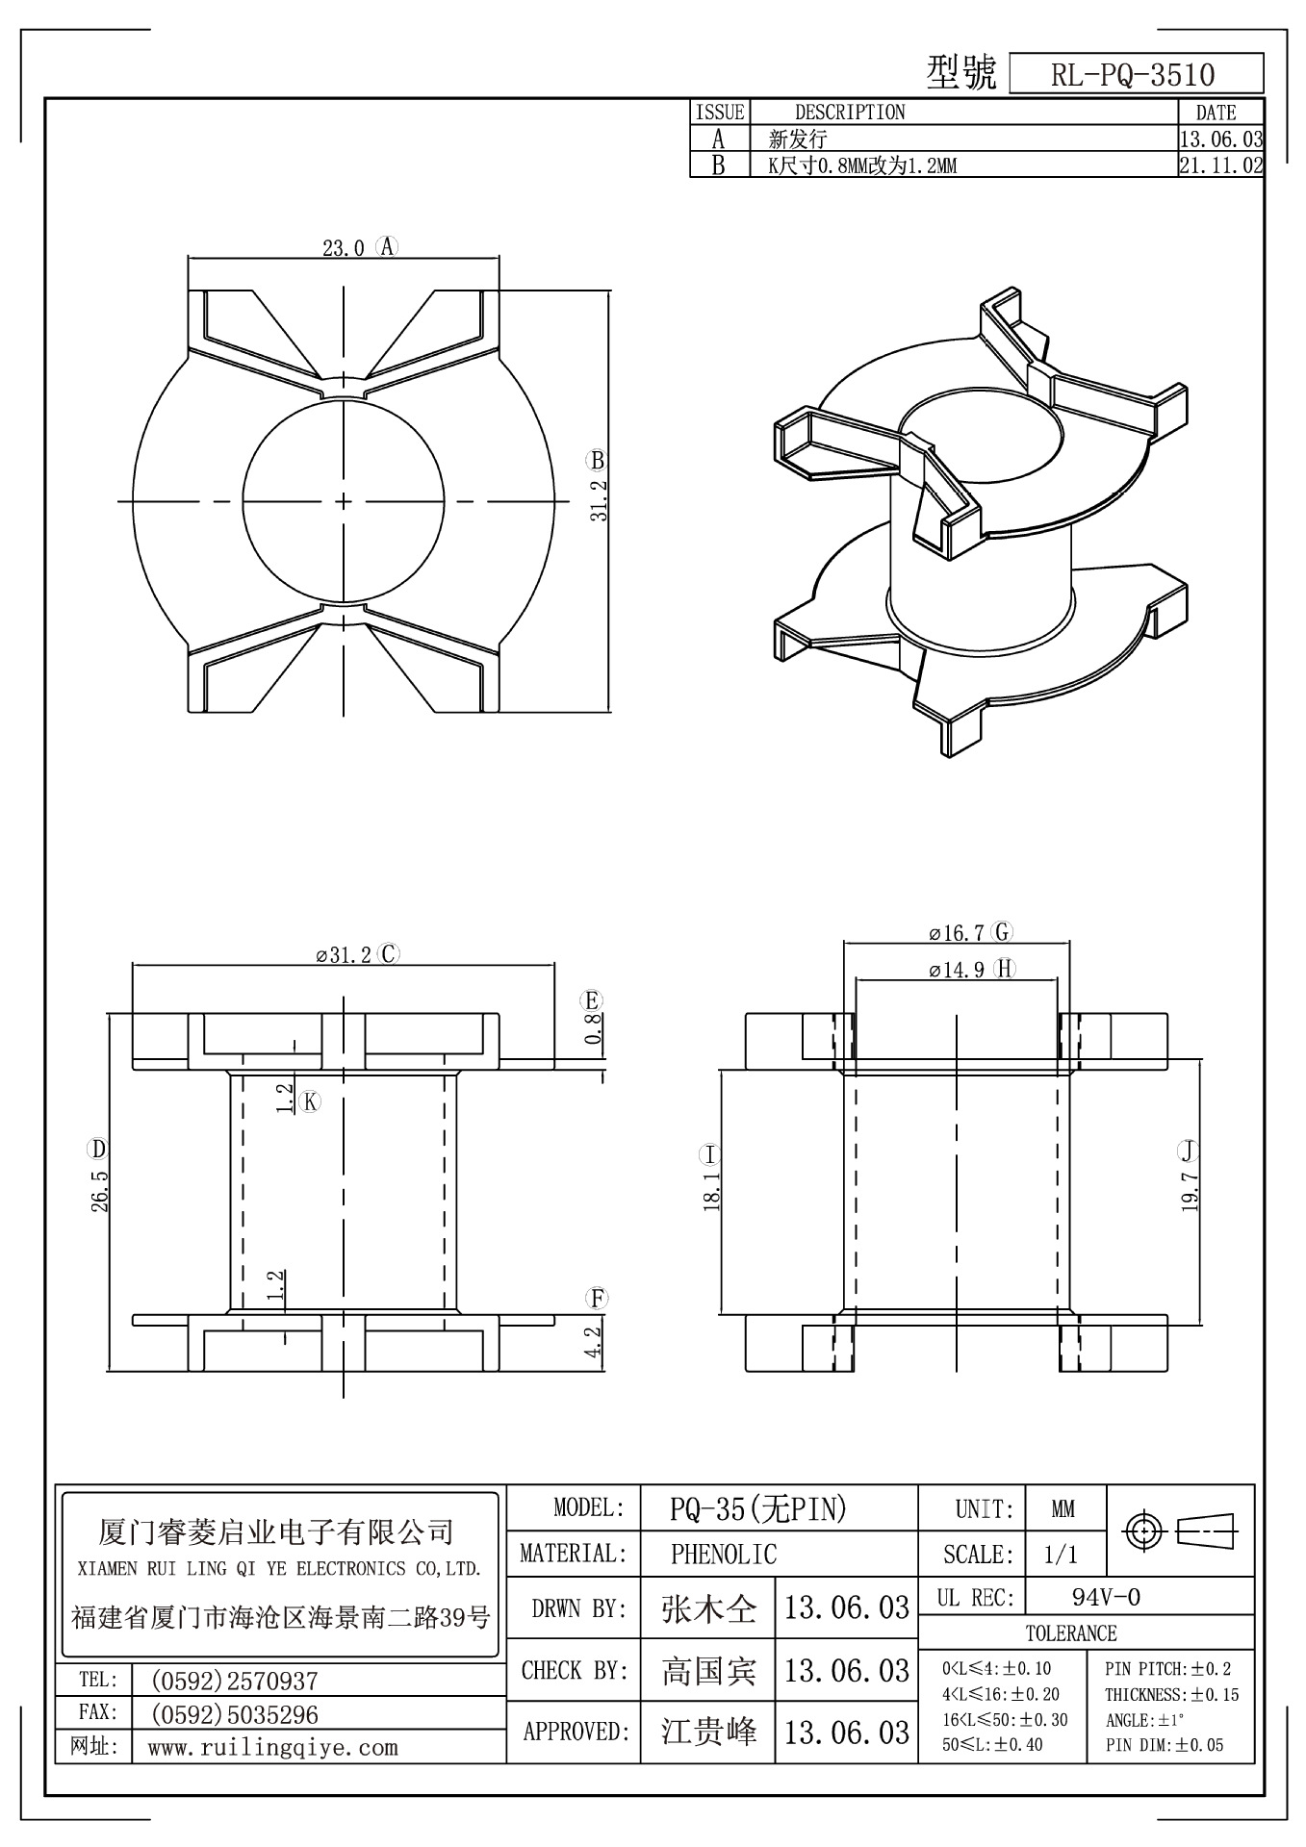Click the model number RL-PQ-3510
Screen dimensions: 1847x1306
(x=1133, y=75)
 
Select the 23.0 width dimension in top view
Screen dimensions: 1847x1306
(x=343, y=248)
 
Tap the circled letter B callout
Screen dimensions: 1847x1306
(x=598, y=460)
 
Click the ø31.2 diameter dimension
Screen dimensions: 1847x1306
(x=343, y=955)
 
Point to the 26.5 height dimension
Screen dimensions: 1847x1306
(x=100, y=1190)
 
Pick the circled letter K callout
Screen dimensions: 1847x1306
(x=309, y=1102)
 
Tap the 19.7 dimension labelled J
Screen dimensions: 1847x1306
(x=1190, y=1190)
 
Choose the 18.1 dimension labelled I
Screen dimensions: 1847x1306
(x=712, y=1192)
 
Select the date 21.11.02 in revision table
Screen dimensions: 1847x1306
(x=1220, y=165)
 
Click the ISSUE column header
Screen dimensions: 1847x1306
(x=720, y=113)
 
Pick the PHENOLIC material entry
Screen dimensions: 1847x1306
(x=723, y=1554)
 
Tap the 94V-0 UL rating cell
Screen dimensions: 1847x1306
(x=1106, y=1598)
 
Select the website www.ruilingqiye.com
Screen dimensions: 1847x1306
(x=272, y=1748)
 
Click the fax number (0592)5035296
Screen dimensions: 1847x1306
(x=235, y=1714)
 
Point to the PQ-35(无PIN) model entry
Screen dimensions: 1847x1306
(x=757, y=1509)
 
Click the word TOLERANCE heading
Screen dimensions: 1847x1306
(x=1071, y=1633)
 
